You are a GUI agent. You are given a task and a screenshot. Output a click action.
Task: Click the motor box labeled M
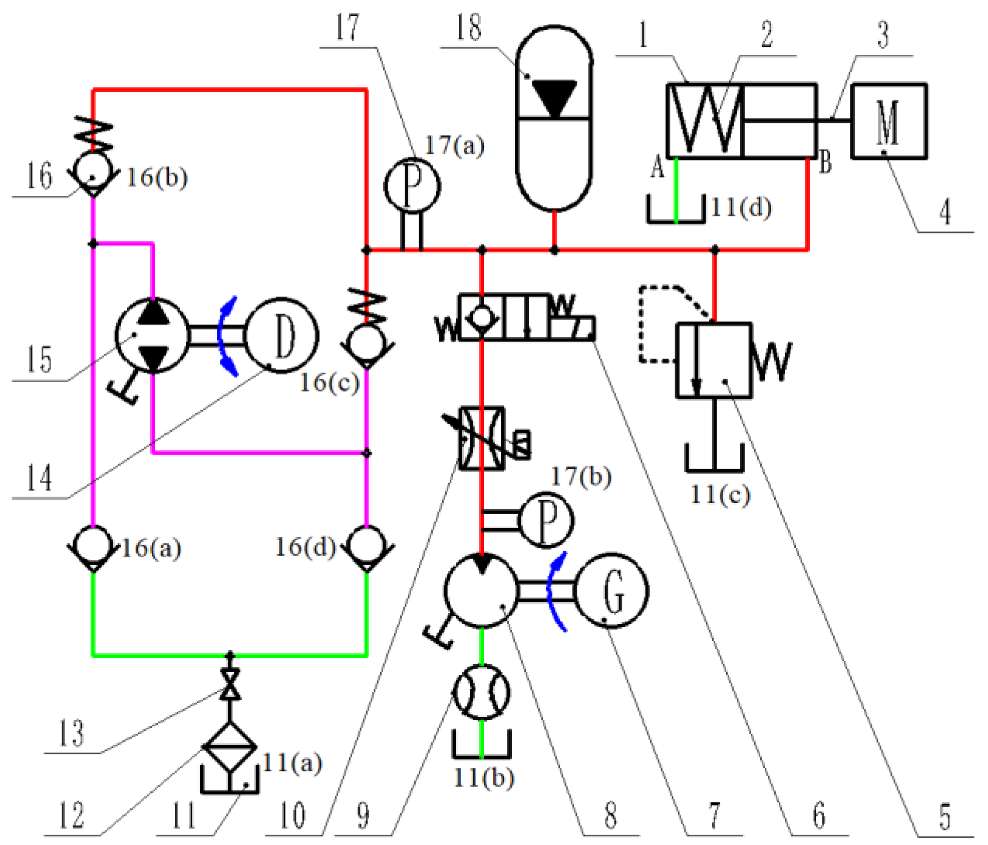888,121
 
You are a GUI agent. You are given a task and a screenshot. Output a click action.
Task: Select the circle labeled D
281,335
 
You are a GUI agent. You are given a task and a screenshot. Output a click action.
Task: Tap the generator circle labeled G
612,590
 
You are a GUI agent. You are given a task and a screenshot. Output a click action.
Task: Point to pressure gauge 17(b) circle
546,520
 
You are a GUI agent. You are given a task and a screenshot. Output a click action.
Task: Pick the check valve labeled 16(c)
367,343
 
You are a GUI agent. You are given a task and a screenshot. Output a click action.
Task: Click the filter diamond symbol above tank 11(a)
230,746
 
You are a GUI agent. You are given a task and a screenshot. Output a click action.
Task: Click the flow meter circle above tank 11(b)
481,692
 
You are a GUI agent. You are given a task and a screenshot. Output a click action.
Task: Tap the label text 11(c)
720,495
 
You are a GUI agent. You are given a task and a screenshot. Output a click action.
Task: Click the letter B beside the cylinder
825,162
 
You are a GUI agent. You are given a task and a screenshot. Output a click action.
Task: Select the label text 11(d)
741,208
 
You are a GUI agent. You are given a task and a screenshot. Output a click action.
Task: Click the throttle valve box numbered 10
482,439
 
